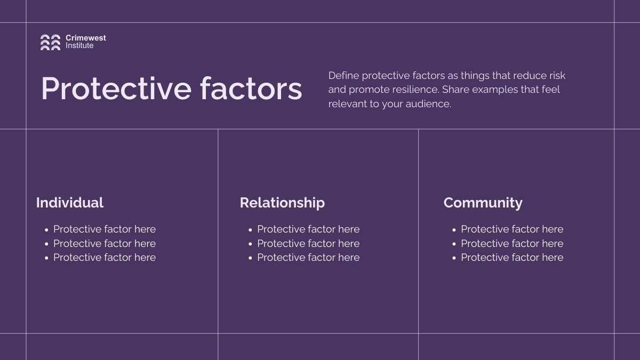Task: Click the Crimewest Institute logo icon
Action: tap(50, 42)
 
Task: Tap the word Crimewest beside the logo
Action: tap(86, 38)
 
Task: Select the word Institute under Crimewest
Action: tap(79, 45)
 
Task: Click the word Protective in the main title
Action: tap(116, 89)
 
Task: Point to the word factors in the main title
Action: tap(251, 89)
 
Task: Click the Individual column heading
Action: tap(70, 203)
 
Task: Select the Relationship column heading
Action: tap(282, 203)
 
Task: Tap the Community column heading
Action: tap(483, 203)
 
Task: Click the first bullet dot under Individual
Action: tap(46, 230)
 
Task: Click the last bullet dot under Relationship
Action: tap(250, 258)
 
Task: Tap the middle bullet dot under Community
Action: tap(454, 244)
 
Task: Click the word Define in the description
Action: tap(343, 76)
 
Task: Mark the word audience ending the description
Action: tap(429, 103)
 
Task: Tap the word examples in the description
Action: tap(495, 90)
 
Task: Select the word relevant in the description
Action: tap(347, 103)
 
